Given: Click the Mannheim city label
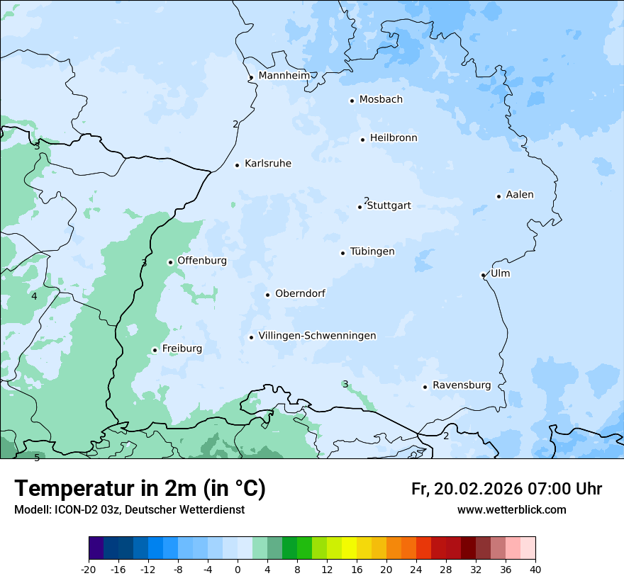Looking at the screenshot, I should (x=284, y=75).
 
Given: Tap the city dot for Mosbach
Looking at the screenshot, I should (x=352, y=101).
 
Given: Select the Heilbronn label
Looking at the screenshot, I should (x=394, y=138).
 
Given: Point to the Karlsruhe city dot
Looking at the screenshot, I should (x=238, y=165).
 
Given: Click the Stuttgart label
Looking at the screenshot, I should (x=389, y=206).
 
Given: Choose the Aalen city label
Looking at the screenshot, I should (x=520, y=195).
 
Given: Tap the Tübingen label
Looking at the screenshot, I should (x=372, y=251).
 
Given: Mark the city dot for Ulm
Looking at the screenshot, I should (x=483, y=275).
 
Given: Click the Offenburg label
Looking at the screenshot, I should (x=202, y=261).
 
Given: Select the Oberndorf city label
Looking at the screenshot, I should (x=300, y=293).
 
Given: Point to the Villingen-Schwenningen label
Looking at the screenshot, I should (x=317, y=336).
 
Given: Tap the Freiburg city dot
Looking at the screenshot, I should (x=155, y=350).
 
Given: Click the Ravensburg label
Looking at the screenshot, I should (x=462, y=385).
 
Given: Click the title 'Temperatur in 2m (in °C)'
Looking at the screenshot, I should (x=140, y=489).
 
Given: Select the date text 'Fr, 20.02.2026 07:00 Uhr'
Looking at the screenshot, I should (x=506, y=489).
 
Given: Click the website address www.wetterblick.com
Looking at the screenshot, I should (x=511, y=510).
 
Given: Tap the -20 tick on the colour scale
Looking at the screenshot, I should (x=89, y=570).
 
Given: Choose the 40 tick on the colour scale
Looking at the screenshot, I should (x=535, y=570).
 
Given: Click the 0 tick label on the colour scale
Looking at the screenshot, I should (x=238, y=570).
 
